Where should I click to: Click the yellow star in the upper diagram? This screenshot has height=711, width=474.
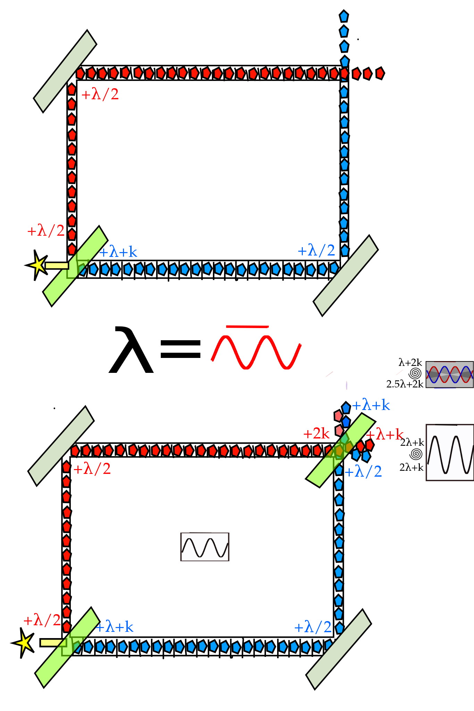pyautogui.click(x=37, y=265)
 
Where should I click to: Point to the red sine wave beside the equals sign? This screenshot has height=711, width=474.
pyautogui.click(x=256, y=351)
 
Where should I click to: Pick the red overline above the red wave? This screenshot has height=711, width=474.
pyautogui.click(x=247, y=327)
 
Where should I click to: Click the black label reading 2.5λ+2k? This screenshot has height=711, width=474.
pyautogui.click(x=405, y=384)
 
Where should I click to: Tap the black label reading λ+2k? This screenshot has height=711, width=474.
pyautogui.click(x=410, y=363)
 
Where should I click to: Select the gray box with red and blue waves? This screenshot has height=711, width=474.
pyautogui.click(x=450, y=374)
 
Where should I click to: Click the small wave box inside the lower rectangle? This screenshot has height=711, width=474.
pyautogui.click(x=205, y=547)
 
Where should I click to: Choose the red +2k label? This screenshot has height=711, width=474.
pyautogui.click(x=316, y=434)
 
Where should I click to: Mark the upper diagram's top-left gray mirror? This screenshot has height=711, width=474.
pyautogui.click(x=65, y=71)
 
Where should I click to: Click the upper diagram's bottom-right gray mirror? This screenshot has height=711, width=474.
pyautogui.click(x=346, y=276)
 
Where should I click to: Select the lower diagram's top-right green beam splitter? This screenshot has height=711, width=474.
pyautogui.click(x=340, y=450)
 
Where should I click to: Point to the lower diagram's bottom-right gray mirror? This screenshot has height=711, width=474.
pyautogui.click(x=339, y=649)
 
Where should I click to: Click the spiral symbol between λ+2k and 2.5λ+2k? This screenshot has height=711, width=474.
pyautogui.click(x=416, y=374)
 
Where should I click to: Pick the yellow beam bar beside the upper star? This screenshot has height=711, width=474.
pyautogui.click(x=57, y=266)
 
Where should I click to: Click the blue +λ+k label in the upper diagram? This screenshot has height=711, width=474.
pyautogui.click(x=118, y=252)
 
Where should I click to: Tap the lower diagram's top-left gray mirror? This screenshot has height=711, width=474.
pyautogui.click(x=61, y=446)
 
